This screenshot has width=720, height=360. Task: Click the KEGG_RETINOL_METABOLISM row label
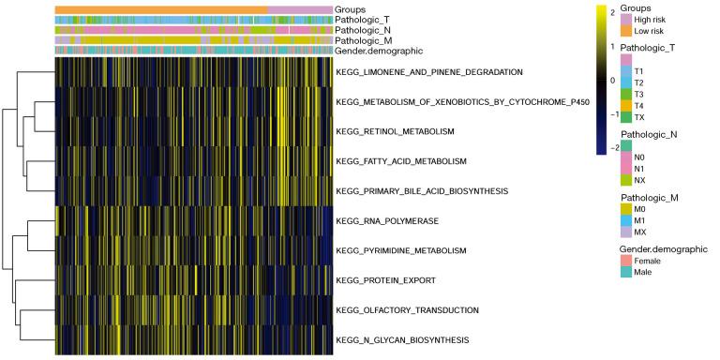point(395,131)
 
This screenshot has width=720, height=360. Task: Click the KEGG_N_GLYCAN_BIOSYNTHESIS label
point(402,339)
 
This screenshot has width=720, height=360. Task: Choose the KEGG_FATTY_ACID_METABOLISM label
point(401,161)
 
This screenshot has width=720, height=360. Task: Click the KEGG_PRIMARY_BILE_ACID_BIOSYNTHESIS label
point(422,190)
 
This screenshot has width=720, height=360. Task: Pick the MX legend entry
point(641,229)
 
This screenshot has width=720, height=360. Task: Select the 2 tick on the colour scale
point(612,13)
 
